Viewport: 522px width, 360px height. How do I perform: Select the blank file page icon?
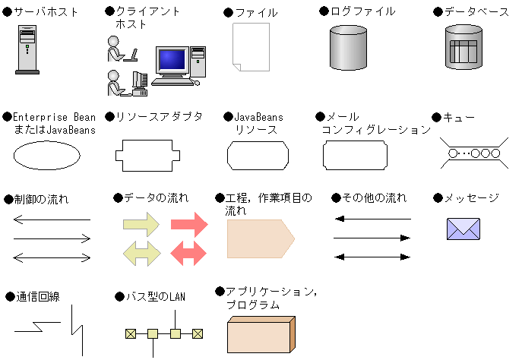pyautogui.click(x=250, y=47)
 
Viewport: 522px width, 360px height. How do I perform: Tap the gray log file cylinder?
pyautogui.click(x=348, y=47)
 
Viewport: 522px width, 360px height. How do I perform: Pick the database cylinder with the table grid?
pyautogui.click(x=463, y=47)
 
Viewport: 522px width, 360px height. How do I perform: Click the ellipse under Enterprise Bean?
pyautogui.click(x=46, y=156)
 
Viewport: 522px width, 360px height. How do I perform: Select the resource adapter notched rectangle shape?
pyautogui.click(x=147, y=156)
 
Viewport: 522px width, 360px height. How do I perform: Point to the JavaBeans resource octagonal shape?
pyautogui.click(x=258, y=156)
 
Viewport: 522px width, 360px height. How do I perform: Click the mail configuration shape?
pyautogui.click(x=356, y=156)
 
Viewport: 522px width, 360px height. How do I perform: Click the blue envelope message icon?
pyautogui.click(x=463, y=228)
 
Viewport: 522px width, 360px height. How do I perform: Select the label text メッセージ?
pyautogui.click(x=471, y=198)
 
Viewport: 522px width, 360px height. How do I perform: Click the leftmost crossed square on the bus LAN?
pyautogui.click(x=130, y=333)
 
